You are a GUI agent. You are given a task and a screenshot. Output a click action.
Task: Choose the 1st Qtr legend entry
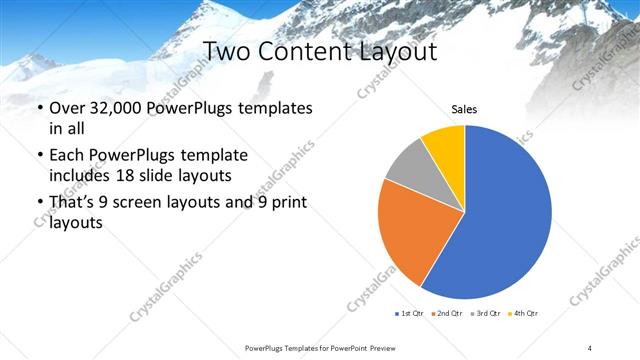coord(410,314)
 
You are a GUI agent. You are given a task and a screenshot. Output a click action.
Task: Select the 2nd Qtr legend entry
coord(447,314)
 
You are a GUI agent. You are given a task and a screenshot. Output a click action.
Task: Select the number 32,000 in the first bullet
coord(116,108)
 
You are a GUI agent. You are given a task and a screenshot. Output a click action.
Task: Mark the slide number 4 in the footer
coord(590,347)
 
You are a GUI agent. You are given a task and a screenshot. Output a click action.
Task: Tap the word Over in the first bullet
coord(68,108)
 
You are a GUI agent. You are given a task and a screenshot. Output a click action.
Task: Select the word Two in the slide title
coord(226,50)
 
